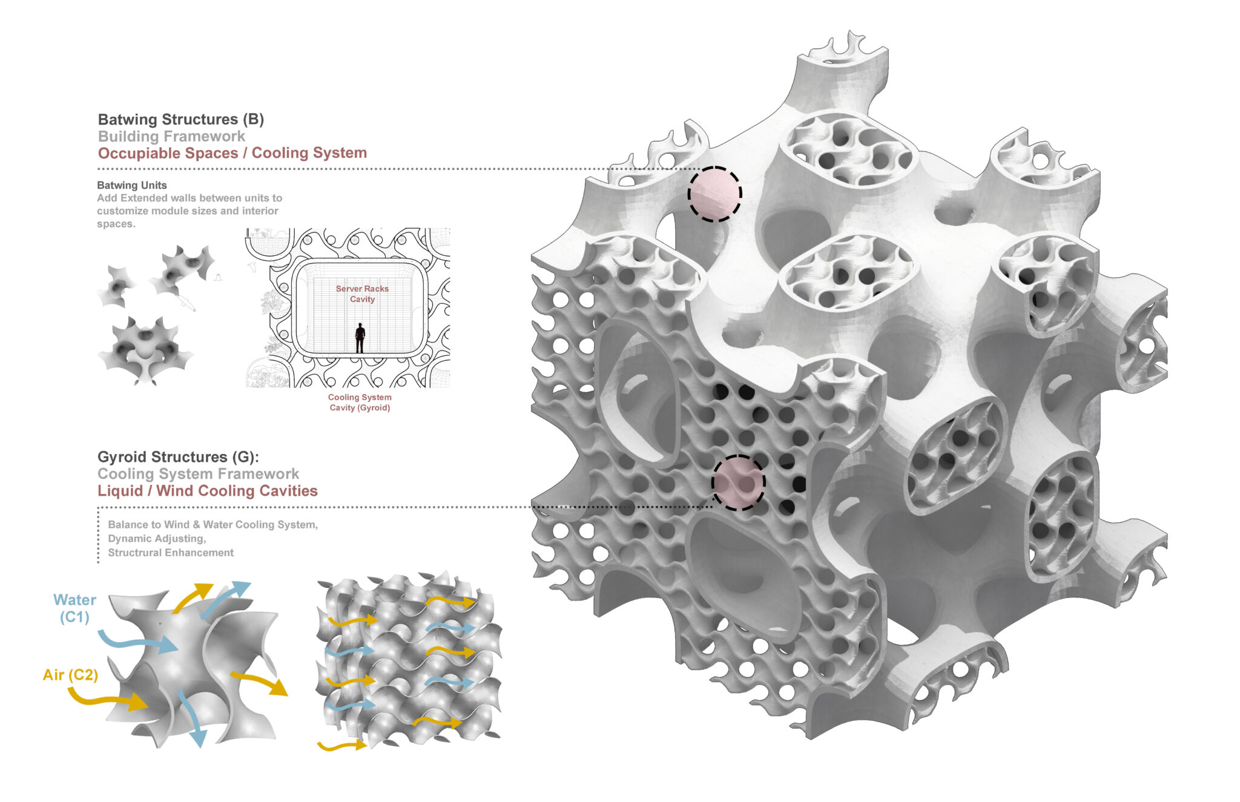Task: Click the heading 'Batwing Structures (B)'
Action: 181,119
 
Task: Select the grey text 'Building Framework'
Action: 171,136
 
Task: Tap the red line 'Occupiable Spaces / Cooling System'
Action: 232,153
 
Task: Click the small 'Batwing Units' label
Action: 132,185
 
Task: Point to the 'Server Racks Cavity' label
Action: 362,294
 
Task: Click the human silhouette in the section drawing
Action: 360,338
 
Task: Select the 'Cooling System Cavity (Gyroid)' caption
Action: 360,403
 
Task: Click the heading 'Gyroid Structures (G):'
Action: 178,457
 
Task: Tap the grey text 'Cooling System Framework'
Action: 198,474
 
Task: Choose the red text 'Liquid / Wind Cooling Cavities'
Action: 208,491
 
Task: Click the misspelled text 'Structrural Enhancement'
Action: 171,553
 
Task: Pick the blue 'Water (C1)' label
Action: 74,608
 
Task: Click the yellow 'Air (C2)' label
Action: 70,675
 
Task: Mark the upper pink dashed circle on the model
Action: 714,194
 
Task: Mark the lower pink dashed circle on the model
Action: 739,483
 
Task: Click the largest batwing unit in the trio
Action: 145,350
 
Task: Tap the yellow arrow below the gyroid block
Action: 341,746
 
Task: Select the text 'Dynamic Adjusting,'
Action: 157,539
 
